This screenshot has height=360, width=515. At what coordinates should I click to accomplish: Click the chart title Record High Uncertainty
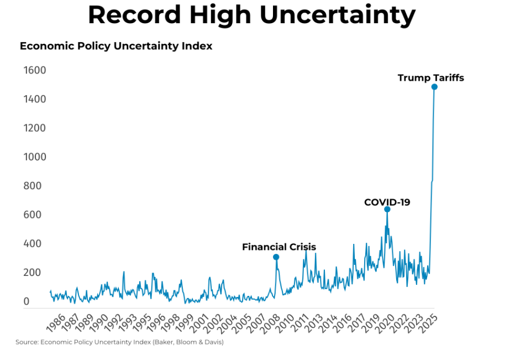[x=251, y=16]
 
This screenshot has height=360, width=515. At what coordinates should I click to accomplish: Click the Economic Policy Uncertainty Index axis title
[x=116, y=46]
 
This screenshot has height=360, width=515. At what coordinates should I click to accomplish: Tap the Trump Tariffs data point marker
[x=434, y=87]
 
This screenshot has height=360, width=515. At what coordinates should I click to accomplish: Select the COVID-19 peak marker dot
[x=387, y=209]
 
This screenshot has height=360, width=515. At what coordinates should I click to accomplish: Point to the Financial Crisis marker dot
[x=276, y=257]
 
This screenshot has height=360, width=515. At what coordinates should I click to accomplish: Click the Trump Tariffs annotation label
[x=430, y=78]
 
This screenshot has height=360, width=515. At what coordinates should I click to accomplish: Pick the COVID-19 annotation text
[x=387, y=202]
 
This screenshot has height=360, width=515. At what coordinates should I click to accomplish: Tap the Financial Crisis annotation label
[x=279, y=247]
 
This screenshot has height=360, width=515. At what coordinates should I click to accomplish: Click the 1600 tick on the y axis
[x=35, y=71]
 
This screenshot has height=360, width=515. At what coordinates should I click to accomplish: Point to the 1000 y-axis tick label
[x=35, y=157]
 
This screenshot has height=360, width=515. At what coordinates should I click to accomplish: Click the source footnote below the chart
[x=119, y=342]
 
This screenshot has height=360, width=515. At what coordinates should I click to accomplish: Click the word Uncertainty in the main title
[x=338, y=16]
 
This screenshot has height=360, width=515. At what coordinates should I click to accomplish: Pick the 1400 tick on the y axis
[x=35, y=100]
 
